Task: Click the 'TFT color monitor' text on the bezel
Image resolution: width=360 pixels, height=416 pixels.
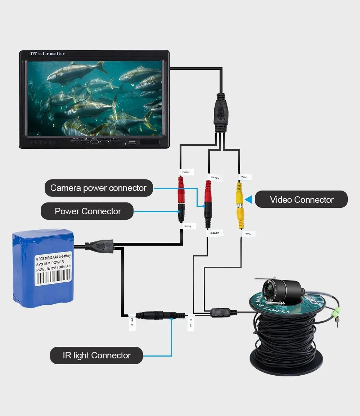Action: [x=48, y=54]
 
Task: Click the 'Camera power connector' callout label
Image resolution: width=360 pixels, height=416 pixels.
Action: [x=99, y=188]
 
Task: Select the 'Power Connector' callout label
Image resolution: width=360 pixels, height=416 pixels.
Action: [x=87, y=211]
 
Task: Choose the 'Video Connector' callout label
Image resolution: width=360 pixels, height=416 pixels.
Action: [x=302, y=200]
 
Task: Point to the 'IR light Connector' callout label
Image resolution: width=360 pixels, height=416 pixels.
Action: [x=96, y=355]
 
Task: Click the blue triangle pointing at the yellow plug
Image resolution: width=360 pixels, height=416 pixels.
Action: [x=248, y=200]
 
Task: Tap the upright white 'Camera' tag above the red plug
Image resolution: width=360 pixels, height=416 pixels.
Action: [x=215, y=177]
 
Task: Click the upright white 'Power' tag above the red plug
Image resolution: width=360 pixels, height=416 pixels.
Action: [x=186, y=172]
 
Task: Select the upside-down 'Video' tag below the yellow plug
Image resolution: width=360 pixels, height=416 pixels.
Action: [x=248, y=234]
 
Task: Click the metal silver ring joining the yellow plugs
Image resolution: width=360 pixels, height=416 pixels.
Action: [x=239, y=205]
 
